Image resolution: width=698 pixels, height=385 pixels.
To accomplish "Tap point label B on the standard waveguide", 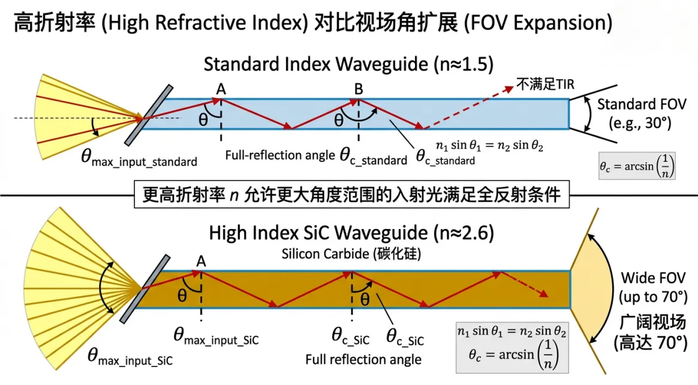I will [358, 89].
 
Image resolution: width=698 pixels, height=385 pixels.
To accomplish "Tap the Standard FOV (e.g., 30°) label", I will [634, 114].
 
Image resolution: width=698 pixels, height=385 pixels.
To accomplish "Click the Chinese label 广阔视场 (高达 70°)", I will [653, 332].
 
